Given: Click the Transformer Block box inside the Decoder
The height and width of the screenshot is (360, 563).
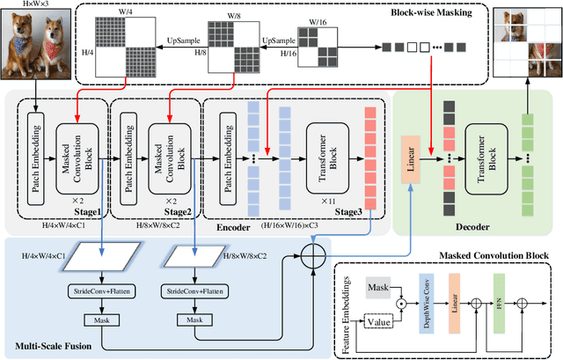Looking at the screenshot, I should click(486, 158).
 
